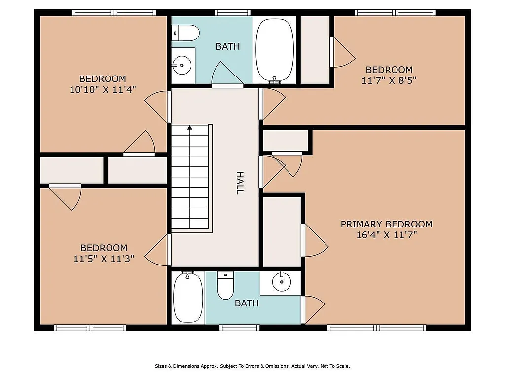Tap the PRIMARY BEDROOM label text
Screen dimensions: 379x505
click(386, 224)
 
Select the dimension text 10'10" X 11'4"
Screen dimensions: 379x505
click(103, 89)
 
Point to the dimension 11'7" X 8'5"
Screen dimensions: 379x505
click(389, 80)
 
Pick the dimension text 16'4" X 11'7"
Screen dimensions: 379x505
click(386, 235)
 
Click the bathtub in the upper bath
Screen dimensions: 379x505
click(275, 50)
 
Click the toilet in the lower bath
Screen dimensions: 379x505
click(225, 286)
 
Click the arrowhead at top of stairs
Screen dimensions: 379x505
click(189, 127)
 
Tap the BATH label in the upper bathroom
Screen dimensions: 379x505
click(228, 46)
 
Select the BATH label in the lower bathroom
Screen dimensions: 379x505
click(247, 303)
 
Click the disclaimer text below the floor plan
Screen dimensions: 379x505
click(252, 366)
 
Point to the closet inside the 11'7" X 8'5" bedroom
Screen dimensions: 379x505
click(315, 49)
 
